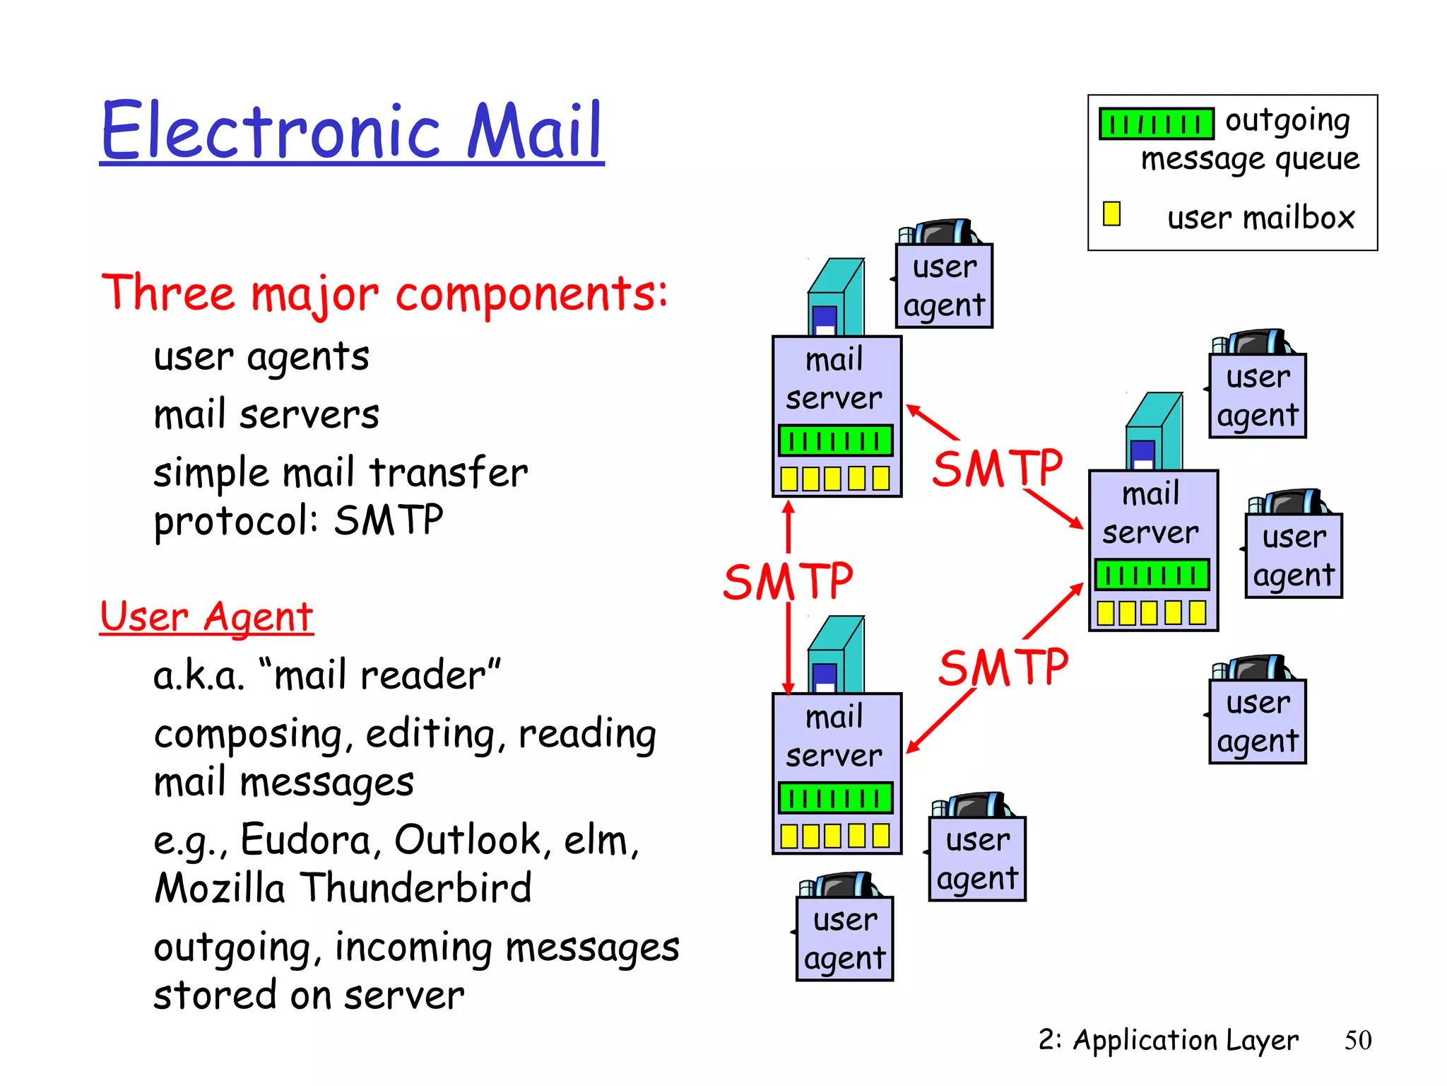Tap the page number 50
[x=1357, y=1040]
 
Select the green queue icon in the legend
[x=1156, y=124]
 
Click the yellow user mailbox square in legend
[x=1111, y=214]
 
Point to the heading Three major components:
[x=384, y=293]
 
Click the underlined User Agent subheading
[x=206, y=617]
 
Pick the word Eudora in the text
[x=305, y=840]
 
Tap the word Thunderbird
[x=416, y=888]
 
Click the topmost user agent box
[x=944, y=286]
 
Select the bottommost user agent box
[x=844, y=938]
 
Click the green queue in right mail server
[x=1152, y=575]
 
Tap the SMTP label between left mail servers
[x=787, y=582]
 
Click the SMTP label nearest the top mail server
[x=997, y=468]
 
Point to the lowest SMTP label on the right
[x=1003, y=667]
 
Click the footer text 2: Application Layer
[x=1168, y=1040]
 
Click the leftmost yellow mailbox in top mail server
[x=789, y=479]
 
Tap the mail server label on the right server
[x=1151, y=513]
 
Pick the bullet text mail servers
[x=266, y=414]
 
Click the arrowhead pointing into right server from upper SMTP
[x=1077, y=524]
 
